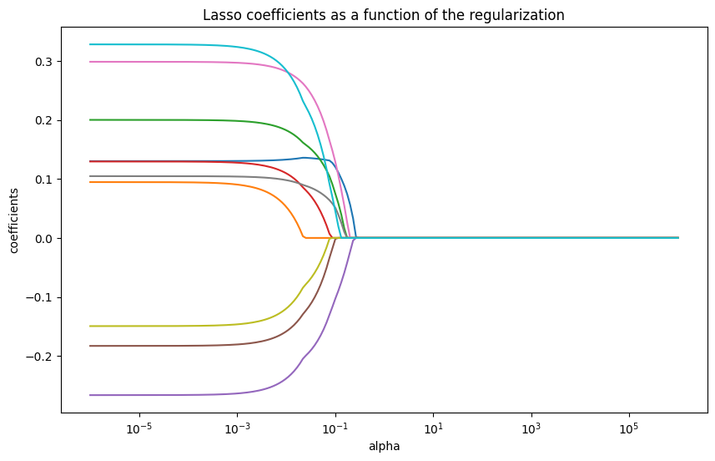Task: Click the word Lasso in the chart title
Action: tap(219, 15)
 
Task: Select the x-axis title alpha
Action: tap(384, 446)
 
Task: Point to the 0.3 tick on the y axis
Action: tap(44, 62)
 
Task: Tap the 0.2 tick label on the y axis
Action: tap(44, 120)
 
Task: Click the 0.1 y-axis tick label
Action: tap(44, 180)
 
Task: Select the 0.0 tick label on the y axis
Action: tap(44, 238)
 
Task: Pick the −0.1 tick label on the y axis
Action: tap(41, 297)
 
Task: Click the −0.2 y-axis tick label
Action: tap(41, 357)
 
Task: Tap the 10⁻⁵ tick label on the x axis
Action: tap(138, 428)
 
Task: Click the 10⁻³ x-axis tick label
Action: tap(237, 428)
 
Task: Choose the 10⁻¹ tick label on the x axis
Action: tap(335, 428)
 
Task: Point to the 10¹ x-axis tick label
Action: tap(433, 428)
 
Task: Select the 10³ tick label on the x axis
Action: tap(531, 428)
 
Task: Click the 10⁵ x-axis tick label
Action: tap(629, 428)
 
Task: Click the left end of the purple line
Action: tap(90, 395)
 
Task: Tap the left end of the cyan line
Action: tap(90, 44)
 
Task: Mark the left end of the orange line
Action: tap(90, 182)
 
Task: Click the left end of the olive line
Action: tap(90, 326)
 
